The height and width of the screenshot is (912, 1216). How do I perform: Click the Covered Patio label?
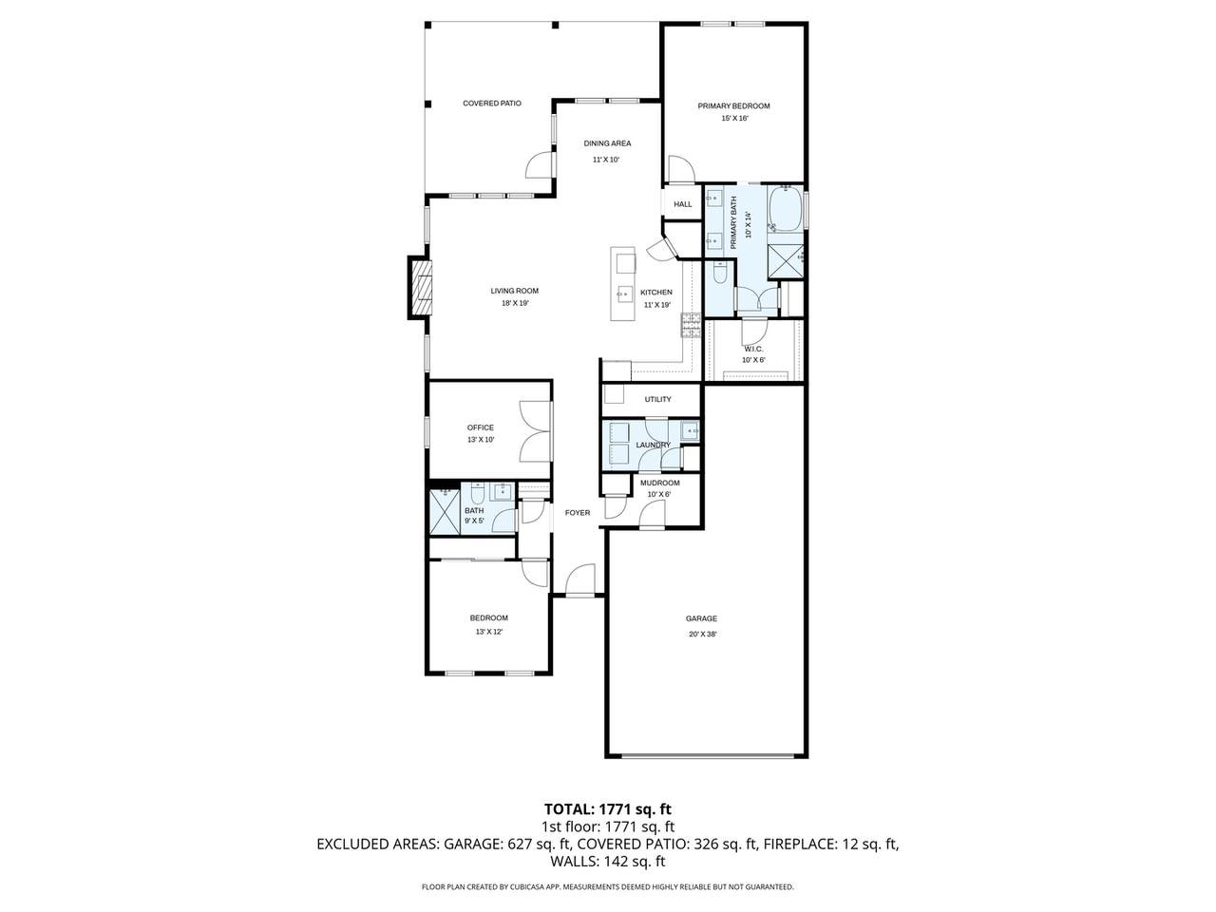tap(492, 104)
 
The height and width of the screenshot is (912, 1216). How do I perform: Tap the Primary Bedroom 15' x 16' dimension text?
tap(734, 118)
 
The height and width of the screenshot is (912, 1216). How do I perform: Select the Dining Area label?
tap(607, 143)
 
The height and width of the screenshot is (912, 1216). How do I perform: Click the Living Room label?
tap(515, 291)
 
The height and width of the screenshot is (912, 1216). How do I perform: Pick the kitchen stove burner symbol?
tap(691, 325)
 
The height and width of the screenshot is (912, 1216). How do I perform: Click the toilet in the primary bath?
tap(720, 273)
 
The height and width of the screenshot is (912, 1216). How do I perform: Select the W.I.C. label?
tap(753, 349)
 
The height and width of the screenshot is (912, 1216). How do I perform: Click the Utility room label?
tap(657, 399)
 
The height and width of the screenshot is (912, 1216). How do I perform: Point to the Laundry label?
tap(654, 445)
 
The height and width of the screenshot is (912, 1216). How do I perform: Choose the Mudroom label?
tap(660, 483)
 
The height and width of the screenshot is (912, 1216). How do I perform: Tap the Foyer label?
tap(578, 513)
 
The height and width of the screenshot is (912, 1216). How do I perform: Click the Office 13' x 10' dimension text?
tap(481, 440)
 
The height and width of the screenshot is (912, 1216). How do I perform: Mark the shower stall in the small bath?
tap(445, 512)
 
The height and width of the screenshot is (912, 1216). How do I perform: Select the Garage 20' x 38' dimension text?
tap(702, 635)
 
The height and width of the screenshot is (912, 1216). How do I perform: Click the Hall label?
tap(682, 204)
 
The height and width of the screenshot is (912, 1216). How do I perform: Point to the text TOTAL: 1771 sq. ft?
tap(608, 809)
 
